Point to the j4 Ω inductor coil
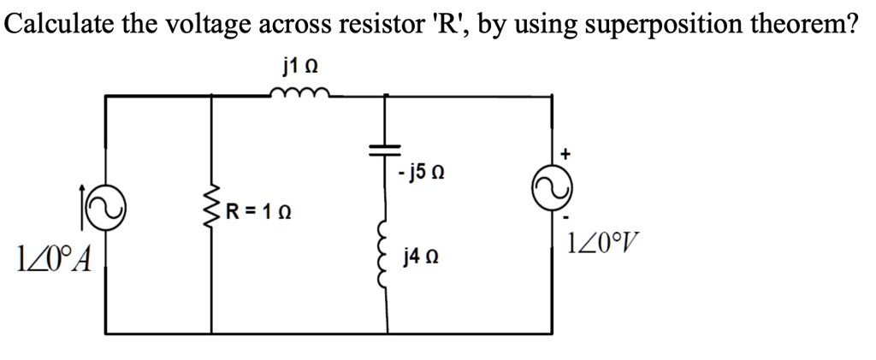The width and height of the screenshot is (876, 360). click(388, 257)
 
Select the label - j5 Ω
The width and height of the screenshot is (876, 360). click(421, 176)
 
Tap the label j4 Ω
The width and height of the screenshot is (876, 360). click(420, 256)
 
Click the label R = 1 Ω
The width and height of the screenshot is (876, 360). click(257, 211)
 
